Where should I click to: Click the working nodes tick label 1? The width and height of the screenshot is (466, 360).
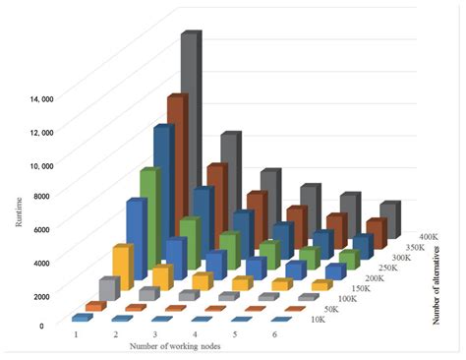75,335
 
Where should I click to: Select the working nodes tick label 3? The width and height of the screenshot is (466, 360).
155,335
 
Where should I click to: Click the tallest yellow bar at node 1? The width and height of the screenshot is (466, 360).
122,267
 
